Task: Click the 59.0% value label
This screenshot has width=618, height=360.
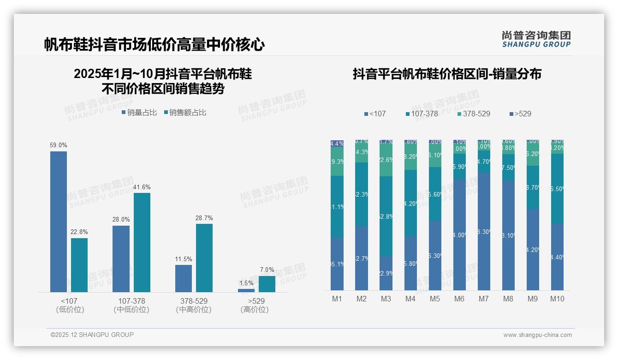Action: point(59,145)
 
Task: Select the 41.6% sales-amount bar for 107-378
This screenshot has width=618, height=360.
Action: point(142,242)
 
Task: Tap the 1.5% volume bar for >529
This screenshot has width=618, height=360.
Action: point(246,290)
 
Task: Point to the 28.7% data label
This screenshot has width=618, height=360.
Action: point(204,218)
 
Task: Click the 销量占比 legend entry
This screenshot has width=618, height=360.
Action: point(139,113)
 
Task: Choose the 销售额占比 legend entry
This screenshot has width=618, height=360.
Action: point(185,113)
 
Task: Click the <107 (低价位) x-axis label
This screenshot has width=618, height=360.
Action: point(70,305)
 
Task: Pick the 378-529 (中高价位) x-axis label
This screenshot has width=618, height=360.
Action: point(194,305)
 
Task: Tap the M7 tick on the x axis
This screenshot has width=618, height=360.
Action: point(483,299)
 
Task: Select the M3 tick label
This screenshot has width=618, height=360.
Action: point(386,299)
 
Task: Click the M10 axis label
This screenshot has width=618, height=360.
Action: point(557,299)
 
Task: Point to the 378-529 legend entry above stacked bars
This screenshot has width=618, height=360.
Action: point(474,114)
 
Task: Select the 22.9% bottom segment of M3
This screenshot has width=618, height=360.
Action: point(386,273)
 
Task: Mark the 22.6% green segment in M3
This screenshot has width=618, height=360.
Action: point(386,160)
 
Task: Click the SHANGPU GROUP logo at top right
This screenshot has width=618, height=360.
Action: point(536,39)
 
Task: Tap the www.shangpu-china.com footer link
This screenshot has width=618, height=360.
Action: point(537,335)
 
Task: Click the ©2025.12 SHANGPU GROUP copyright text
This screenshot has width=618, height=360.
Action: point(92,335)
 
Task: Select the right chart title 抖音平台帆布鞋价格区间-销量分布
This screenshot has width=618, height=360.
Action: point(447,74)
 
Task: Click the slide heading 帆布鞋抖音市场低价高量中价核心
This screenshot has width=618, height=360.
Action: point(154,45)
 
